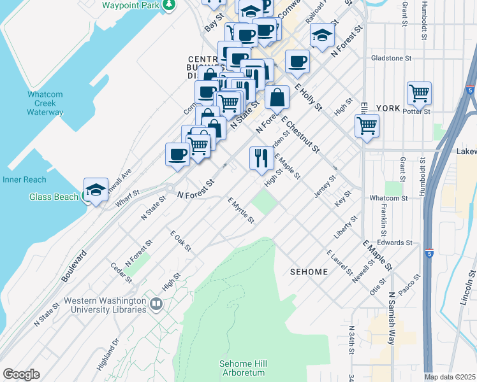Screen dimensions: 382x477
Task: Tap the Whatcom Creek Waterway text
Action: click(x=45, y=103)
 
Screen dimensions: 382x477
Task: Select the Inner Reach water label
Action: click(x=24, y=180)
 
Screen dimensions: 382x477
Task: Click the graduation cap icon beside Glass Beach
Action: click(x=96, y=189)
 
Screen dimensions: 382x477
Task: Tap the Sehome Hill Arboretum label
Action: click(x=243, y=367)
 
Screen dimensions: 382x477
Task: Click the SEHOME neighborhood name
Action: click(x=309, y=272)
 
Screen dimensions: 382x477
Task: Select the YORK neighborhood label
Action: click(x=387, y=108)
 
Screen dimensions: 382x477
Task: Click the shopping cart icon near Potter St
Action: click(x=419, y=93)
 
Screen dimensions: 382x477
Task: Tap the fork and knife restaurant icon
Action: click(x=261, y=158)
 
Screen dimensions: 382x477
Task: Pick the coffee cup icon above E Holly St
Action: click(x=297, y=62)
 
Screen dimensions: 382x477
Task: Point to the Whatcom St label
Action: click(x=388, y=198)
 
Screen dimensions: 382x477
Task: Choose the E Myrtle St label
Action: click(x=241, y=211)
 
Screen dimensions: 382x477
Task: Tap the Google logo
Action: click(x=21, y=374)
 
